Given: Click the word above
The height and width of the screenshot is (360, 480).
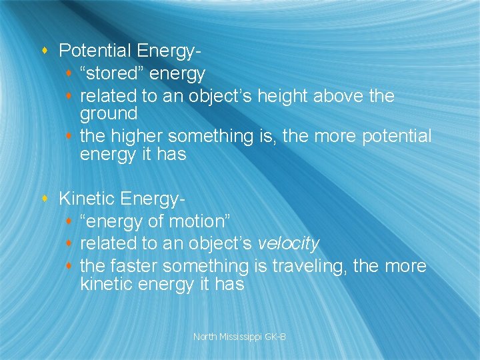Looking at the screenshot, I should [338, 97].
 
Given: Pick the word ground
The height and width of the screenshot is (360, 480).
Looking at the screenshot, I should [109, 114].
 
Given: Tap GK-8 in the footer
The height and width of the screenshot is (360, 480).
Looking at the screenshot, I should [275, 337].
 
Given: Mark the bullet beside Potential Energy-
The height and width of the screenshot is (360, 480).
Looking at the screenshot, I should [44, 51].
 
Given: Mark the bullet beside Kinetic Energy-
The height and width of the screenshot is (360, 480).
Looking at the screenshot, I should [44, 199].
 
